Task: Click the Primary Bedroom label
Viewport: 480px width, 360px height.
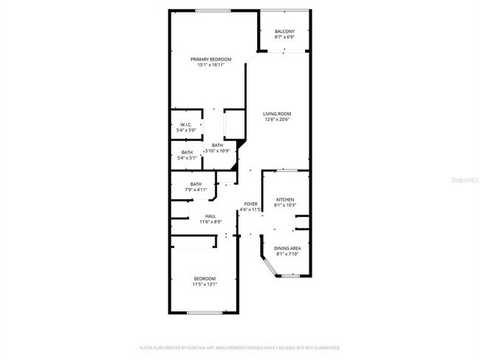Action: pos(210,59)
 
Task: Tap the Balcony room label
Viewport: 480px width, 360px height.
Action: pos(284,31)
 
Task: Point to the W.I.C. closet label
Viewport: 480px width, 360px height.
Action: pos(185,125)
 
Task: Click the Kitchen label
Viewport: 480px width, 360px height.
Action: pos(285,200)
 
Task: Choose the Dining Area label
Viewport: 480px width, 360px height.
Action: pos(287,249)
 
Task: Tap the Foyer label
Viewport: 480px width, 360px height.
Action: pos(251,204)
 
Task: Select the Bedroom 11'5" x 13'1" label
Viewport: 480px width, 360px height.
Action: pos(205,278)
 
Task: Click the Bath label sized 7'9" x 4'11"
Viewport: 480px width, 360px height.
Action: pos(196,184)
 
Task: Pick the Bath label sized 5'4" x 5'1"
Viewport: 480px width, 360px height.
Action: pos(187,153)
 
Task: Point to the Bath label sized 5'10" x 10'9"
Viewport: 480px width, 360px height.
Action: pos(217,145)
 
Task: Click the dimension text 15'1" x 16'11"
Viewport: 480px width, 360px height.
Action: pos(210,65)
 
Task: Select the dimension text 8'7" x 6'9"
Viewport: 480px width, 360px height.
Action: pos(284,37)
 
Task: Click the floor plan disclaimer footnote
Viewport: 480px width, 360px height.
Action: pos(240,347)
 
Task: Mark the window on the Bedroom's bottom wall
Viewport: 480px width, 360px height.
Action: pos(205,314)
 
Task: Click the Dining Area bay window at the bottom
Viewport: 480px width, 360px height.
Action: pos(290,276)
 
